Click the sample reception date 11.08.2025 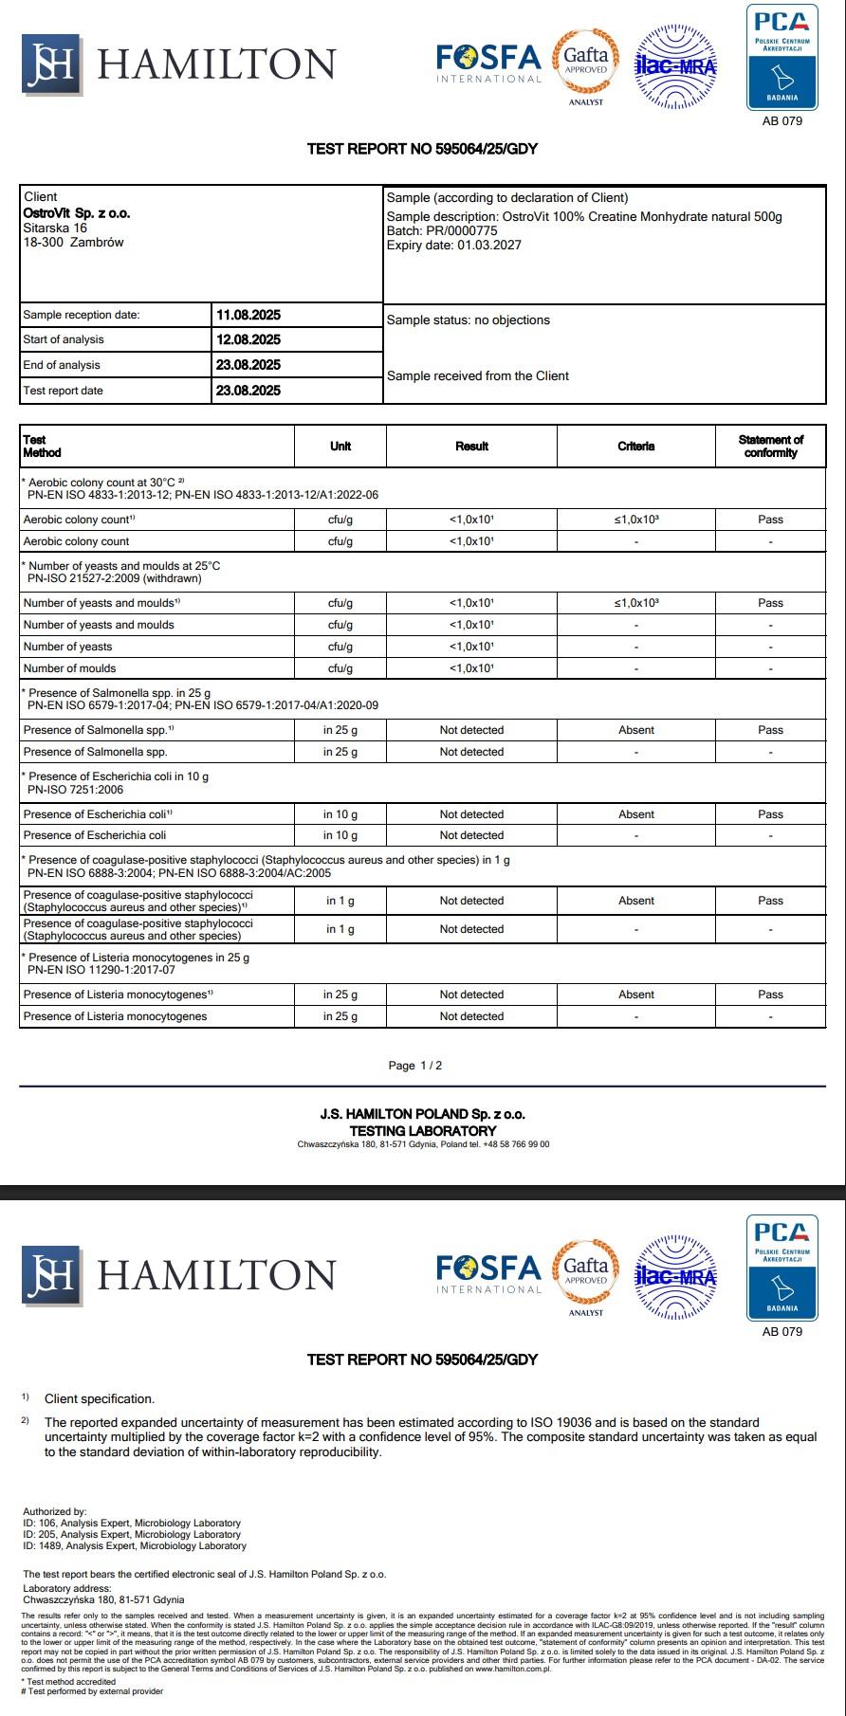click(x=248, y=315)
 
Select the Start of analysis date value click(x=248, y=339)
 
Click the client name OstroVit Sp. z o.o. click(x=77, y=213)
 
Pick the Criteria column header click(x=635, y=446)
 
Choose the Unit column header click(x=340, y=446)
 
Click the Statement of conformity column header click(x=770, y=446)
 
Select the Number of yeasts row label click(x=67, y=647)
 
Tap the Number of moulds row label click(x=69, y=668)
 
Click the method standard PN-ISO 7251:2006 click(x=76, y=789)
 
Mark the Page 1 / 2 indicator click(x=415, y=1066)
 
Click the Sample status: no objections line click(x=468, y=319)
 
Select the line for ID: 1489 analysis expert click(x=135, y=1545)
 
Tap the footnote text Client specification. click(x=99, y=1398)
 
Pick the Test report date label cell click(x=63, y=391)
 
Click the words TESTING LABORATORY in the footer click(x=422, y=1130)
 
